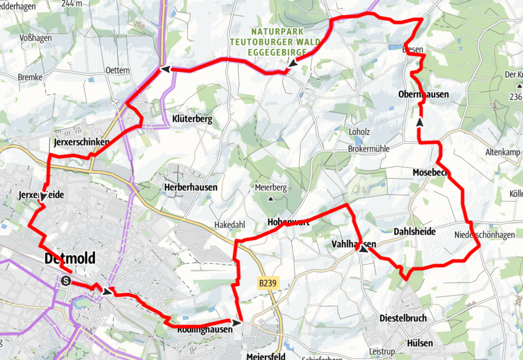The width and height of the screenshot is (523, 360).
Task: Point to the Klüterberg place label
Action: (x=192, y=119)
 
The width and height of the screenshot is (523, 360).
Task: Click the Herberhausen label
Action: (x=190, y=187)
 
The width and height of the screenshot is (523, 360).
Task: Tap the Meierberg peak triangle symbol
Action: (x=271, y=199)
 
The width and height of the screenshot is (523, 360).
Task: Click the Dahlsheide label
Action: (x=414, y=231)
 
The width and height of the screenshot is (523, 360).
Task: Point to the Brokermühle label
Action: (x=368, y=148)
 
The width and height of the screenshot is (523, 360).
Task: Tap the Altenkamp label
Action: (x=502, y=152)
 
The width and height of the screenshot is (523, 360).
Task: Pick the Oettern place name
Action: (x=117, y=71)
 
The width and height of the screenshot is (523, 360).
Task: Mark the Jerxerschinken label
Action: (x=81, y=142)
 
